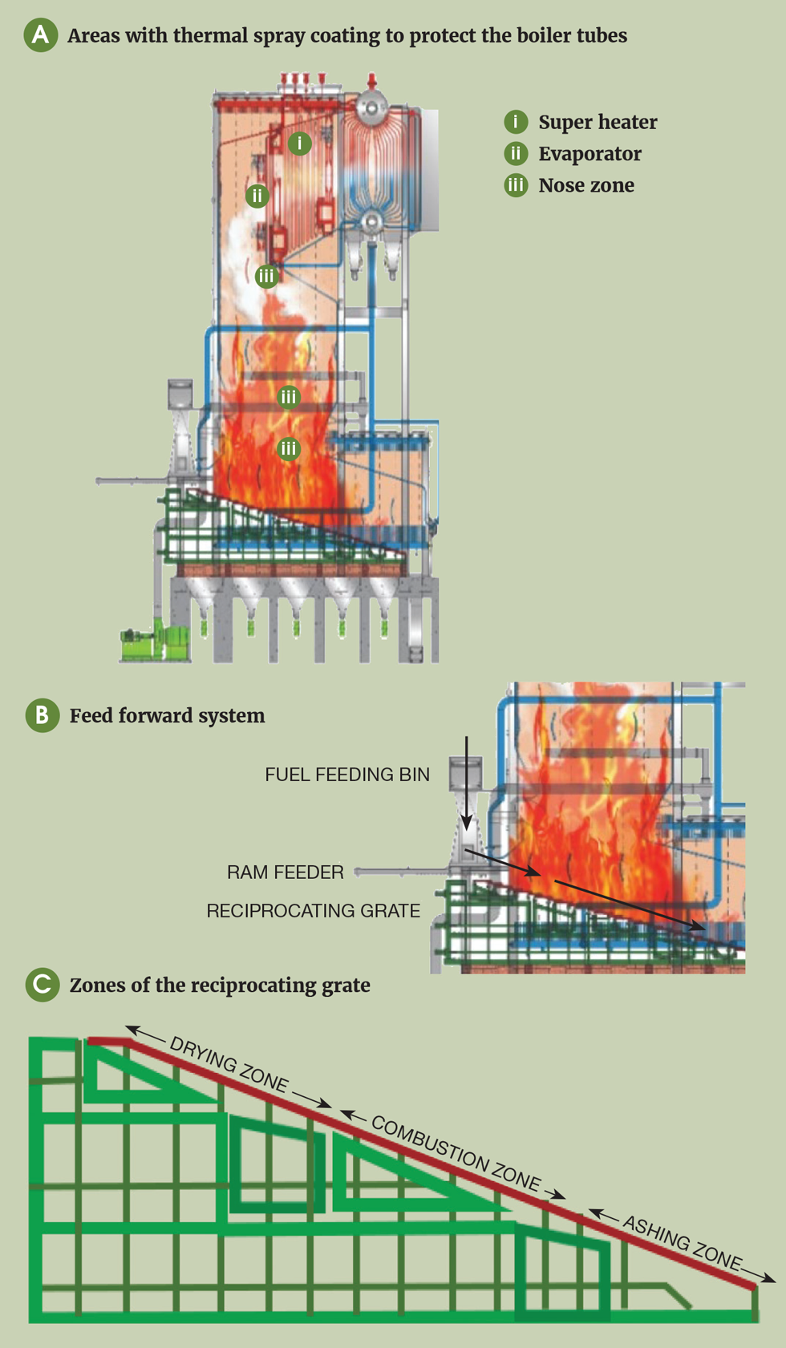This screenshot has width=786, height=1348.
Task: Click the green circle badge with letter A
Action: (40, 35)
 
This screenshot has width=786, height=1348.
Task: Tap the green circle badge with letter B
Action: (43, 715)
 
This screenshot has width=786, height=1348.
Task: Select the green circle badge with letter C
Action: (43, 985)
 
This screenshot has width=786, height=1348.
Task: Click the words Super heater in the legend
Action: (598, 122)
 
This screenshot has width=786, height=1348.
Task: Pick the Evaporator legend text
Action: (589, 154)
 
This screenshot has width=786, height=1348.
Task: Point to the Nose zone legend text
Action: (585, 185)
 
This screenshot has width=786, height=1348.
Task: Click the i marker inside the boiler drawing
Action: (299, 144)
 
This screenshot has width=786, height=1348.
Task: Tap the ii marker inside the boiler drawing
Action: (257, 196)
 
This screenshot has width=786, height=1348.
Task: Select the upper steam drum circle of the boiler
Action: (372, 105)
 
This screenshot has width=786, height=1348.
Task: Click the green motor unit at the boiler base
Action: (154, 641)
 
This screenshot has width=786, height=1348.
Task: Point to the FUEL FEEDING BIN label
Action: (347, 775)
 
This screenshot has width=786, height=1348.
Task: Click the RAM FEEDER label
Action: (285, 872)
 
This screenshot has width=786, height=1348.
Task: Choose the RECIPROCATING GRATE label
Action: (313, 911)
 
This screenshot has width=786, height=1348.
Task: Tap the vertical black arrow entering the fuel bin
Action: (466, 783)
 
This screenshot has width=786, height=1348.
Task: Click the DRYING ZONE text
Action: (229, 1064)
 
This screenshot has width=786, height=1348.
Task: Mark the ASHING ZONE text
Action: (682, 1243)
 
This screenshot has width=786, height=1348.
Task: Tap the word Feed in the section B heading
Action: (90, 715)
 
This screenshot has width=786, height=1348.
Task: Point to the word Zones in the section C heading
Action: (96, 985)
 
